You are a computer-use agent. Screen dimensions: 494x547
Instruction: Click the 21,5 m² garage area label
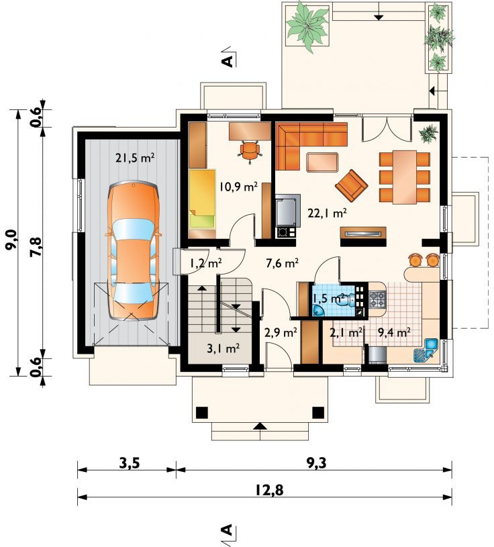point(135,158)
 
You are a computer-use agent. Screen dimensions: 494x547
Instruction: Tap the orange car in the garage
point(134,250)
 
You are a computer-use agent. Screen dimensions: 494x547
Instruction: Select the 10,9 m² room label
point(239,187)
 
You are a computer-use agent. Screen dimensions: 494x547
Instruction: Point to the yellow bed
point(202,199)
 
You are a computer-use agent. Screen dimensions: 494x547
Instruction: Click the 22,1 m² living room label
point(327,213)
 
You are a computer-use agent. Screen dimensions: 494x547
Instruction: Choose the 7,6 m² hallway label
point(282,263)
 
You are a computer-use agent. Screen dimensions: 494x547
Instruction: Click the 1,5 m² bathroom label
point(329,299)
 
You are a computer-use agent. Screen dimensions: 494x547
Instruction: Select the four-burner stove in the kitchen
point(377,301)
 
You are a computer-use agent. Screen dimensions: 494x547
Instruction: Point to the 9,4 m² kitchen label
point(394,332)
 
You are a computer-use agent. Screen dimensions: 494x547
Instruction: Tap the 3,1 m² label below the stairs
point(223,348)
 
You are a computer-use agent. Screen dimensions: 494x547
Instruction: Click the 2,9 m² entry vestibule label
point(281,332)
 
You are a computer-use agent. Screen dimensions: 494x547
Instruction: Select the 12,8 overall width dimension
point(268,490)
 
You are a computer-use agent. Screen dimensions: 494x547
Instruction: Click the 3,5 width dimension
point(130,463)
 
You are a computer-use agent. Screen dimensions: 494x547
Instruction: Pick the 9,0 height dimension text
point(11,240)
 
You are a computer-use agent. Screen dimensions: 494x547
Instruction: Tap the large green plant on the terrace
point(307,27)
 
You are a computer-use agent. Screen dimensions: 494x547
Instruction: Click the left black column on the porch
point(202,413)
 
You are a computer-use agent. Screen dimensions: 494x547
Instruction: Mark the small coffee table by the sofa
point(323,162)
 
